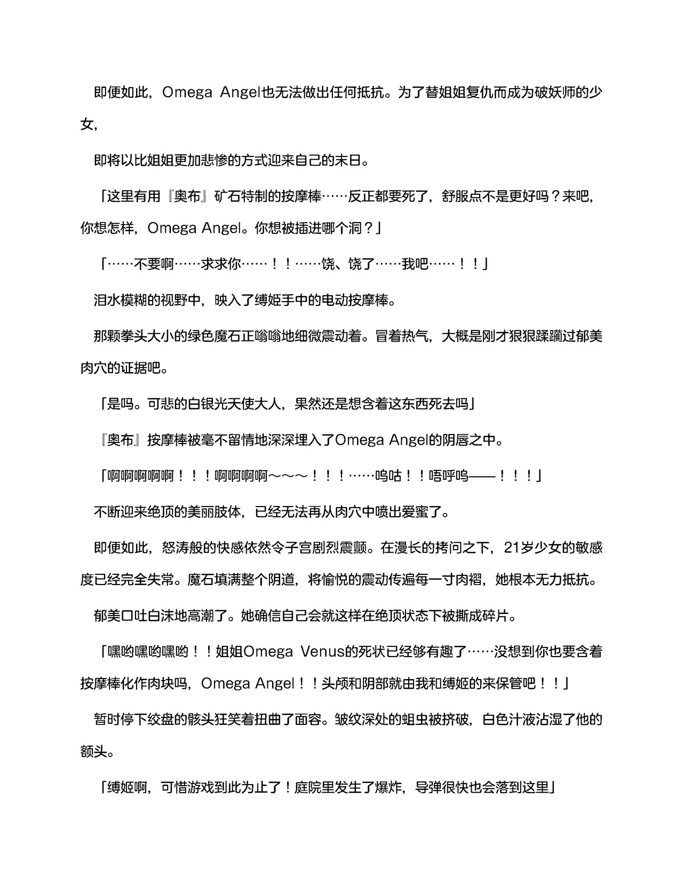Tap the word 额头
tap(93, 753)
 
